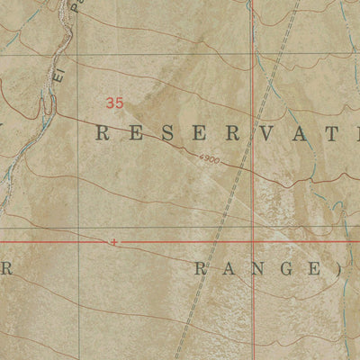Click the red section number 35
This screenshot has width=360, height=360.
coord(113,103)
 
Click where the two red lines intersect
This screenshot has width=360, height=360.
coord(253,241)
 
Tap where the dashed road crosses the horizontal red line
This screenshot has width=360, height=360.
coord(216,241)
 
